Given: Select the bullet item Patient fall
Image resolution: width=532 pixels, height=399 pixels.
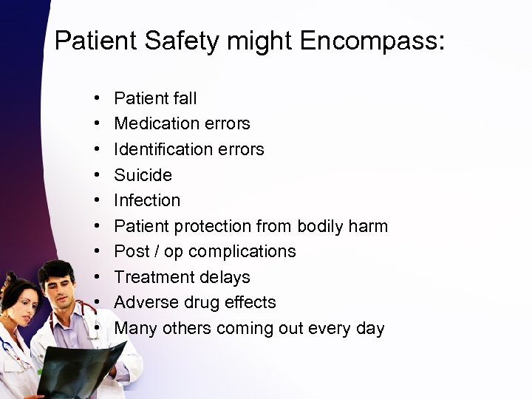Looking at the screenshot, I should point(156,98).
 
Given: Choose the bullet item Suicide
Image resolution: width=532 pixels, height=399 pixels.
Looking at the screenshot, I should point(143,175).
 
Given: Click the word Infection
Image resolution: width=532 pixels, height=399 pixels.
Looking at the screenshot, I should point(148,200).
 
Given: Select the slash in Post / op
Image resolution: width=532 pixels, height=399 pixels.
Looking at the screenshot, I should point(156,251).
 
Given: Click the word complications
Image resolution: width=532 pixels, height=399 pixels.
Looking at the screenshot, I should point(242,251).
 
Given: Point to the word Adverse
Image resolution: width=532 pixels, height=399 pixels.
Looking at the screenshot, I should point(148,302).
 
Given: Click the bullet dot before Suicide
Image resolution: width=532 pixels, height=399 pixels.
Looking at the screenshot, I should point(98,175).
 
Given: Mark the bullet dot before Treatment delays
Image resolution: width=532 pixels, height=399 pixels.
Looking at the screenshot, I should point(98,277).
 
